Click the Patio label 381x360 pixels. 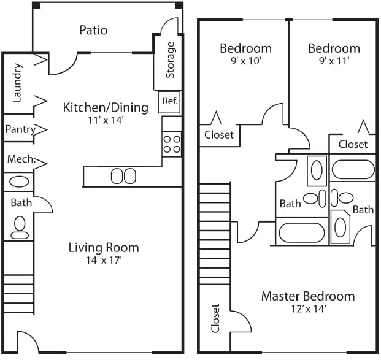click(93, 30)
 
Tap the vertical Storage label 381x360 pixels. click(171, 60)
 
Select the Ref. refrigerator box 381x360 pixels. click(170, 102)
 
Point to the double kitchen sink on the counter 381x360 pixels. click(123, 177)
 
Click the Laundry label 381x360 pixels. click(18, 83)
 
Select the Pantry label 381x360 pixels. click(20, 129)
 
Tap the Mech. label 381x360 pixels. click(20, 159)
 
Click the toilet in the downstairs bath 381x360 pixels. click(20, 227)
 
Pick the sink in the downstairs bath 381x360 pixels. click(18, 182)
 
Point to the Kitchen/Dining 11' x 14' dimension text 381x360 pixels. click(106, 121)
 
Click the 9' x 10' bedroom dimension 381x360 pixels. click(245, 61)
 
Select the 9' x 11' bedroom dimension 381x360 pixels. click(333, 61)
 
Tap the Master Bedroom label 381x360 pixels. click(307, 296)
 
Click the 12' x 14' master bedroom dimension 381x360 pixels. click(307, 310)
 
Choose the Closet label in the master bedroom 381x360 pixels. click(215, 318)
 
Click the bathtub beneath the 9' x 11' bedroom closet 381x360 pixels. click(353, 169)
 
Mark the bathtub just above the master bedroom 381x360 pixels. click(301, 232)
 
